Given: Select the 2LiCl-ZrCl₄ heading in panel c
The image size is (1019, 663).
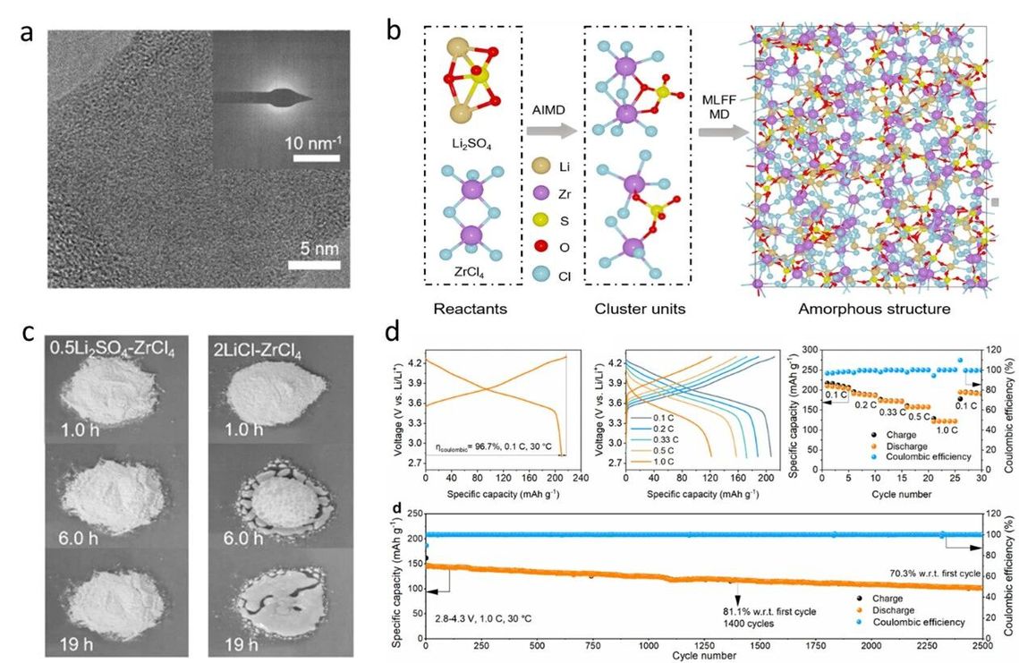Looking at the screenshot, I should tap(279, 342).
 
